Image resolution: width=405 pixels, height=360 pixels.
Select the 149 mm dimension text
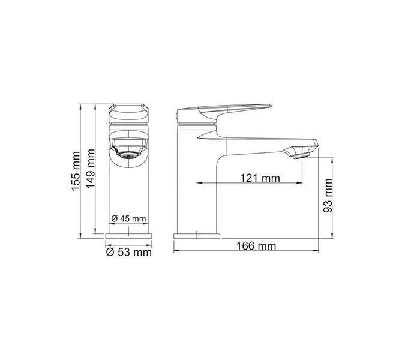pos(90,170)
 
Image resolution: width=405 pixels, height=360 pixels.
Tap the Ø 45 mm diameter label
pos(128,218)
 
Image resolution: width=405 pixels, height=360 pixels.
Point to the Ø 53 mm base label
pos(128,252)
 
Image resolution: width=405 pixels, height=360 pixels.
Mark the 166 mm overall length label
pos(246,246)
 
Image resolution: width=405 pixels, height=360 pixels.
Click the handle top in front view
pos(128,111)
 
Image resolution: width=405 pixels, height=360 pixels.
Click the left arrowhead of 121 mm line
pos(195,183)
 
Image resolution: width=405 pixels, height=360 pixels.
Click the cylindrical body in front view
pos(128,192)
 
